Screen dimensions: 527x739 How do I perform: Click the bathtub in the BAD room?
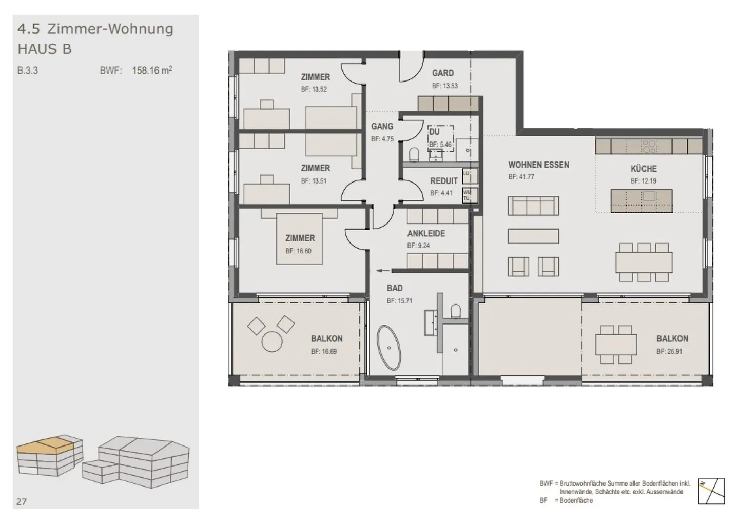click(390, 348)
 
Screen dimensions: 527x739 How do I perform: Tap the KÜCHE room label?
click(644, 169)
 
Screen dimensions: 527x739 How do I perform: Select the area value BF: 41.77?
click(521, 177)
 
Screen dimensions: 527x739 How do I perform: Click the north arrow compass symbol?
click(712, 491)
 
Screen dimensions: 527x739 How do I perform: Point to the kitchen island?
click(641, 201)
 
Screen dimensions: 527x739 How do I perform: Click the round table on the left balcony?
click(272, 341)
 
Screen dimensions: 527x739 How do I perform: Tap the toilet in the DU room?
click(414, 154)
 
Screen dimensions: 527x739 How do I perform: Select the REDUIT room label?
click(443, 181)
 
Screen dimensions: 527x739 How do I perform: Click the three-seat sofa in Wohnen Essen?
click(533, 206)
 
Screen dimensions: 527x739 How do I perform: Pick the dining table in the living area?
click(644, 262)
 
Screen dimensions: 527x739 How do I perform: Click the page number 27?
click(21, 501)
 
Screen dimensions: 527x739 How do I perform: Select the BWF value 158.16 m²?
click(152, 71)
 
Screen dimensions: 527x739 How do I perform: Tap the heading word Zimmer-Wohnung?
click(110, 29)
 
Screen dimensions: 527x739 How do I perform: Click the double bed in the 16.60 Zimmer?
click(299, 238)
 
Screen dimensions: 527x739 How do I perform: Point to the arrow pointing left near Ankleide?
click(382, 271)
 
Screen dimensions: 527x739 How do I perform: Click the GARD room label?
click(442, 73)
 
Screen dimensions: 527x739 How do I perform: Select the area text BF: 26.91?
click(669, 352)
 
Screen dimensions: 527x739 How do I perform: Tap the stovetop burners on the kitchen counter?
click(649, 147)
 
